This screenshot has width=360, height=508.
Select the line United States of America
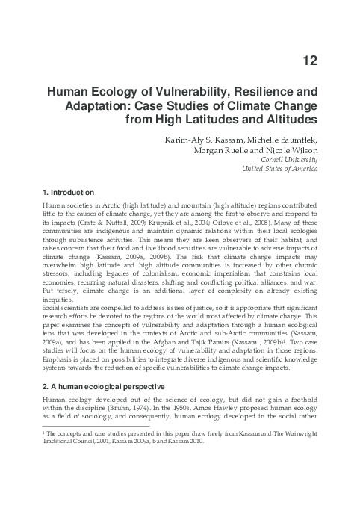tap(276, 169)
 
